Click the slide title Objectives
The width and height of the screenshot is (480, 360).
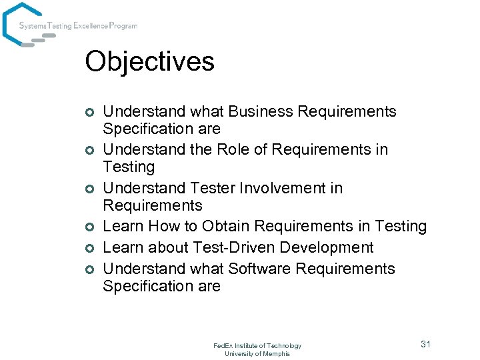149,62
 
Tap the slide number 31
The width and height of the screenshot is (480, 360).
425,344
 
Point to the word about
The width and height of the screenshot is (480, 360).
168,247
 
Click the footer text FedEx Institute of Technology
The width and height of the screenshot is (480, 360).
257,345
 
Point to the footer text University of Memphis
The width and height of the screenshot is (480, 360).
257,353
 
